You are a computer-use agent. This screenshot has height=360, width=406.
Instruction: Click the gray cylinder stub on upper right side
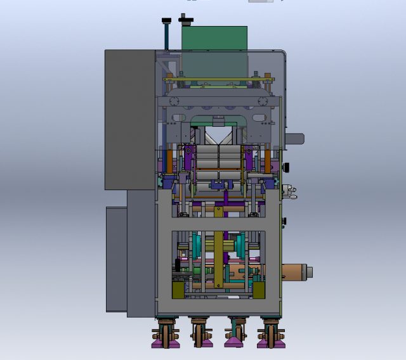tap(295, 139)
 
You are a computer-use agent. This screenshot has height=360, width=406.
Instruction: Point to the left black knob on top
tap(167, 23)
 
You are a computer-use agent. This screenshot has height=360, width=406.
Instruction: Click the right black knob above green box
tap(186, 20)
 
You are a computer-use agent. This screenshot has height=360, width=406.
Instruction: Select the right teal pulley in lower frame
tap(240, 245)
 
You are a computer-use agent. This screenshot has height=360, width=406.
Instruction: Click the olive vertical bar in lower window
tap(218, 260)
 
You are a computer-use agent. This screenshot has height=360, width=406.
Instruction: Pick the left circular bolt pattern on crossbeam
tap(174, 102)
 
